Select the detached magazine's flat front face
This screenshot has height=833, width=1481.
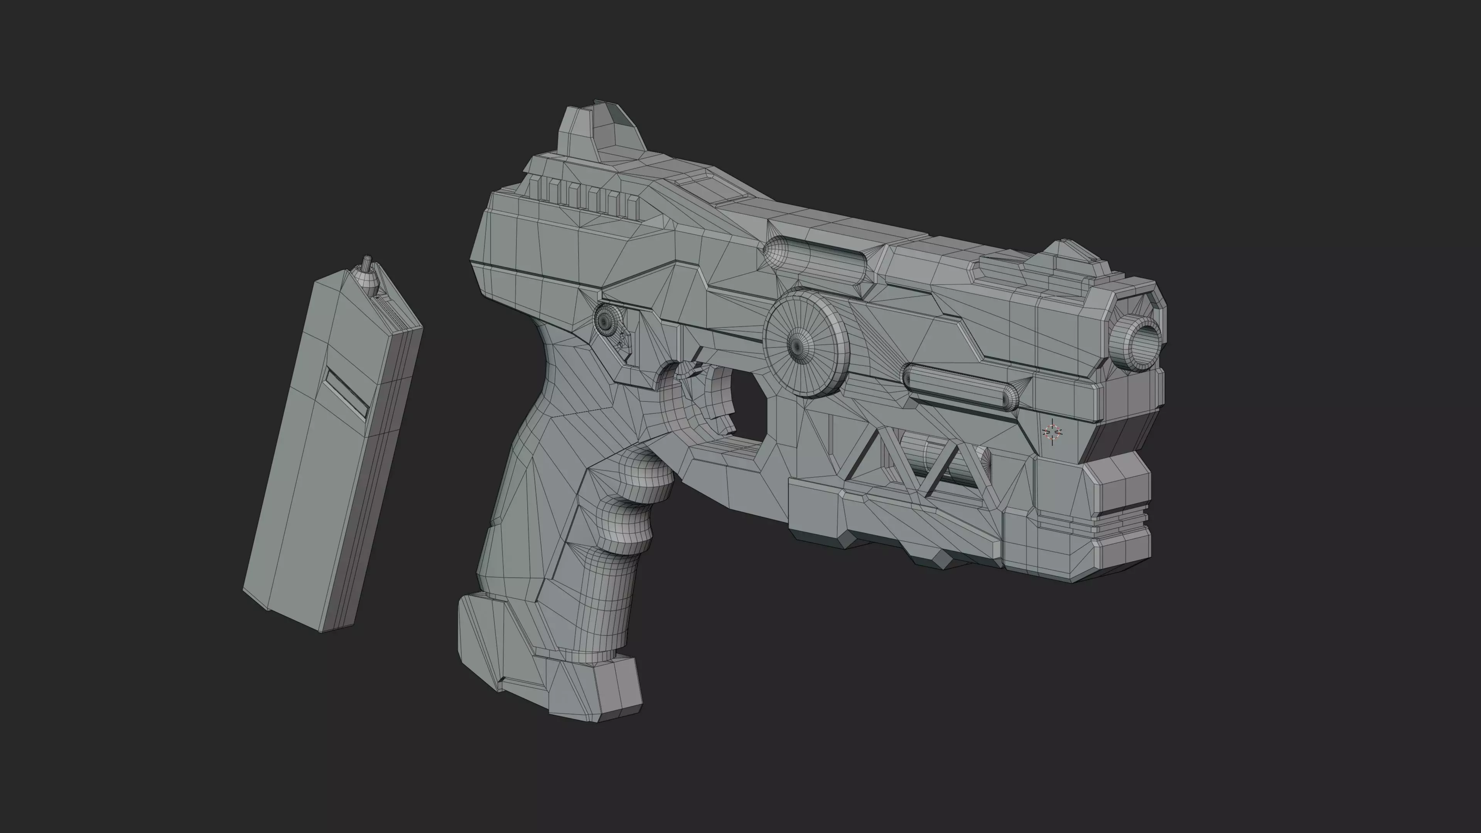click(x=305, y=460)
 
